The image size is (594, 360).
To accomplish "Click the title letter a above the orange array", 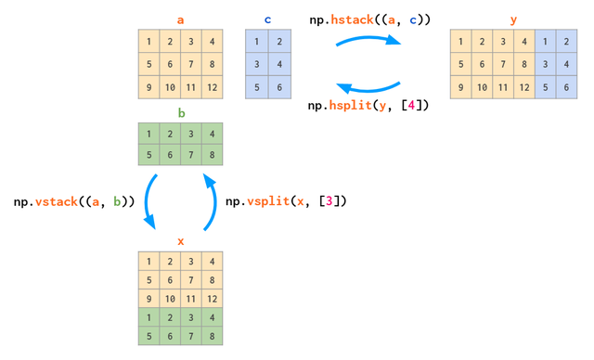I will (181, 19).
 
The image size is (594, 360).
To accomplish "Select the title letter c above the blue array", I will (267, 19).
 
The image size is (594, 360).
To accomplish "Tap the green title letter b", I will (181, 114).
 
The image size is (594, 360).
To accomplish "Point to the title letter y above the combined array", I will (514, 19).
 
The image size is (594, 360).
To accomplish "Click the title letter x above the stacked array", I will (181, 241).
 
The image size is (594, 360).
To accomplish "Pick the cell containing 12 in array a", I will (214, 89).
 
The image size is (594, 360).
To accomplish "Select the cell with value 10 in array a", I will (170, 89).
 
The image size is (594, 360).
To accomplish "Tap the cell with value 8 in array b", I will (214, 156).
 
